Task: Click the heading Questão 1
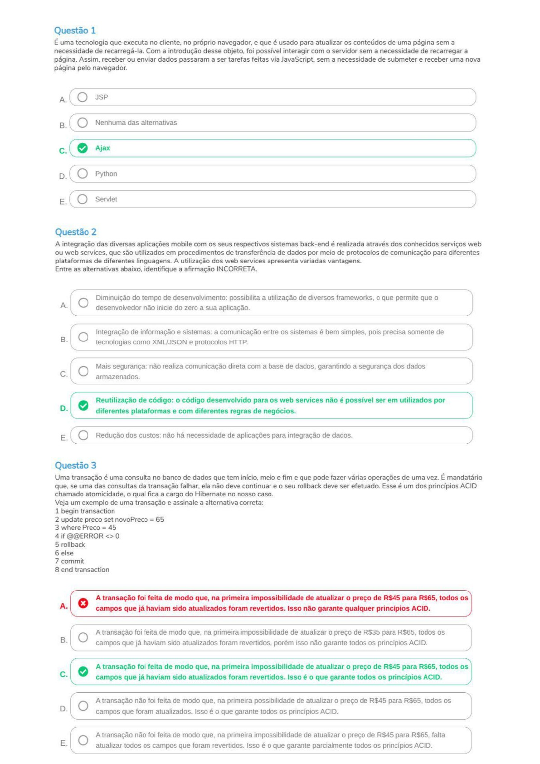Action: pyautogui.click(x=75, y=30)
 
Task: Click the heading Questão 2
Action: pyautogui.click(x=76, y=232)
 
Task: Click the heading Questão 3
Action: pyautogui.click(x=76, y=465)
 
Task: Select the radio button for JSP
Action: pyautogui.click(x=83, y=97)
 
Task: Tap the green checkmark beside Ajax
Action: pyautogui.click(x=83, y=148)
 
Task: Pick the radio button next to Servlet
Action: pyautogui.click(x=83, y=199)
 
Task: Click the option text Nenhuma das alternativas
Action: pyautogui.click(x=136, y=122)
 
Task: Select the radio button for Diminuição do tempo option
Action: pyautogui.click(x=83, y=303)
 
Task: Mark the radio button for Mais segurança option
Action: pyautogui.click(x=83, y=371)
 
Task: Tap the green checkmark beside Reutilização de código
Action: pyautogui.click(x=83, y=406)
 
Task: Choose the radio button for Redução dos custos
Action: pyautogui.click(x=83, y=435)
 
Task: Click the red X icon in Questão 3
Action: pyautogui.click(x=83, y=603)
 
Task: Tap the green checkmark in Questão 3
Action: pyautogui.click(x=83, y=671)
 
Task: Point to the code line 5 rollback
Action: pyautogui.click(x=70, y=544)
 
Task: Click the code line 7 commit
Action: pyautogui.click(x=70, y=561)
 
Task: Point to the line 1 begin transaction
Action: pyautogui.click(x=85, y=511)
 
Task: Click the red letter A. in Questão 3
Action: pyautogui.click(x=64, y=606)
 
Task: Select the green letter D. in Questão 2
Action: pyautogui.click(x=64, y=408)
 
